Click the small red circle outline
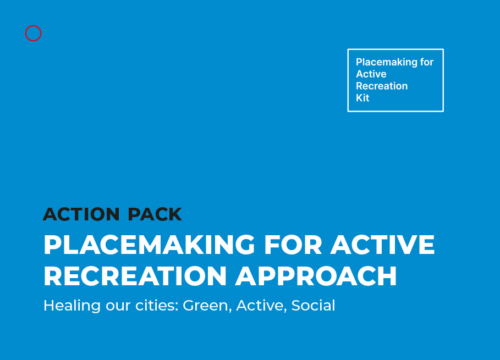33,26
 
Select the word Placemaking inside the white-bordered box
387,62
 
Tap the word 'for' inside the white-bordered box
427,62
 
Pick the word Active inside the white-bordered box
371,74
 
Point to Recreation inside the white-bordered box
382,86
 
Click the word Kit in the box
362,98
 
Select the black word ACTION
81,214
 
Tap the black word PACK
155,214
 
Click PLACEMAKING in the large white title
149,245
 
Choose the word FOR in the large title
293,245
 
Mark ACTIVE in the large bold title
382,245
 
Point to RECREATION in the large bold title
135,276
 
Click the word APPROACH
316,276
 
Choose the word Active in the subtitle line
260,306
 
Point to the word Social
313,306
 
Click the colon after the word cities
177,307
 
